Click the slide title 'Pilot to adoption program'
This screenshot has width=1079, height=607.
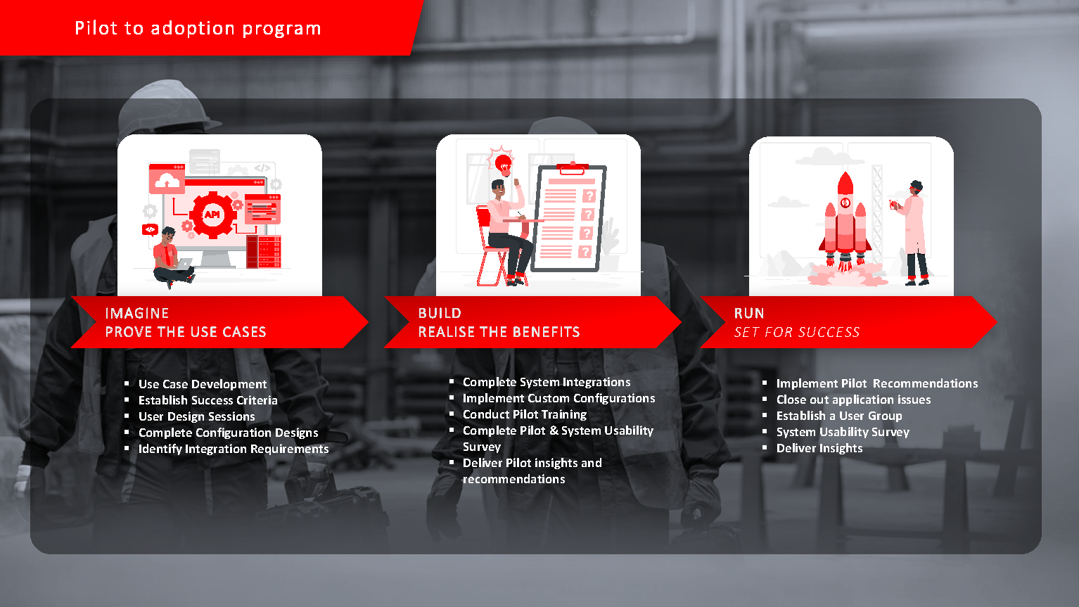(x=198, y=28)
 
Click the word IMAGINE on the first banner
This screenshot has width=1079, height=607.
(x=137, y=314)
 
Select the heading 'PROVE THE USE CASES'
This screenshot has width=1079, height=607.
(x=186, y=332)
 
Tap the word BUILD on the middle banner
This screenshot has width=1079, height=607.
(x=440, y=314)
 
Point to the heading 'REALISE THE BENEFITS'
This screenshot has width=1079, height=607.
(x=499, y=332)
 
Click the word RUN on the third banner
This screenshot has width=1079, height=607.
(x=749, y=314)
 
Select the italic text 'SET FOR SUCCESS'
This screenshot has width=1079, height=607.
(x=797, y=332)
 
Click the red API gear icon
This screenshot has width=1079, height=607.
(x=212, y=215)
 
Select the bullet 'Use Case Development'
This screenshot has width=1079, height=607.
(x=203, y=385)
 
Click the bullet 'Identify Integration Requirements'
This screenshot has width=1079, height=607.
(x=234, y=449)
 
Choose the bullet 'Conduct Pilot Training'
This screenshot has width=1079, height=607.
(x=525, y=415)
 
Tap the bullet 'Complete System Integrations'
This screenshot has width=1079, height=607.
(x=547, y=383)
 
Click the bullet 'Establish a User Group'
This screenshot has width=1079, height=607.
(x=839, y=416)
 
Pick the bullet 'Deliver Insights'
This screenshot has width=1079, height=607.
(x=819, y=448)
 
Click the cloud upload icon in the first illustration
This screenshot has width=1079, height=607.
(x=167, y=179)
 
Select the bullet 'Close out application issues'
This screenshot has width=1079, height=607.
(x=854, y=400)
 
